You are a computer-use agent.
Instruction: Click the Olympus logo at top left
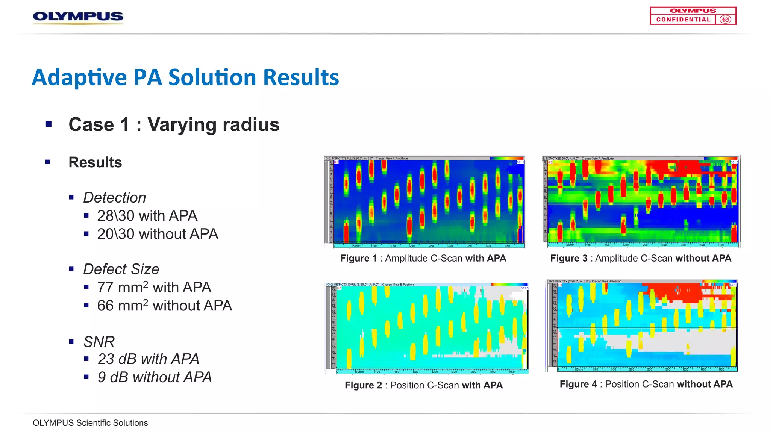78,17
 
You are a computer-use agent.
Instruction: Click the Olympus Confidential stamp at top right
693,16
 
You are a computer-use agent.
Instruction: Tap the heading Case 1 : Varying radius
174,124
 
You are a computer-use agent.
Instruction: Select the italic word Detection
114,198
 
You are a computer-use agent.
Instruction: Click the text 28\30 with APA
147,216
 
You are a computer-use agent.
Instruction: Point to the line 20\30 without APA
158,234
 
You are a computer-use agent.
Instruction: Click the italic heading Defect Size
121,269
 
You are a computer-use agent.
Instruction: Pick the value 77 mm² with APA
154,288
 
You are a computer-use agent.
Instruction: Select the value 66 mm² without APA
164,306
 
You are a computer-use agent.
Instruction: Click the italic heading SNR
99,342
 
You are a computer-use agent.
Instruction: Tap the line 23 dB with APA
148,359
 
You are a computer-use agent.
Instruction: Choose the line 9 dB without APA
155,377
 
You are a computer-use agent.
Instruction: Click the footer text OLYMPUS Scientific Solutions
90,423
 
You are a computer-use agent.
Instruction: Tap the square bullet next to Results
48,162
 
